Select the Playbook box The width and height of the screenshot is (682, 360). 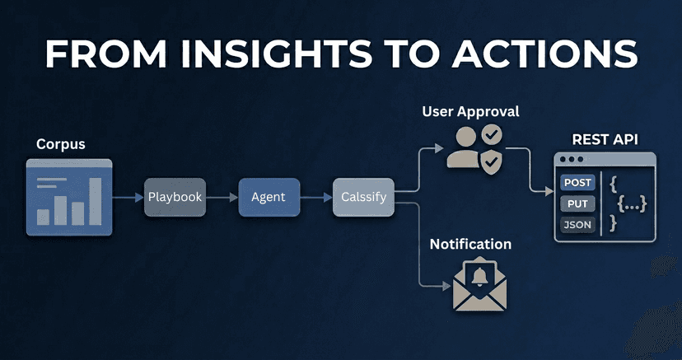(x=174, y=197)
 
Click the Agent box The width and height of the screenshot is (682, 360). (x=268, y=197)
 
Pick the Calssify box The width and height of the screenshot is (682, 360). (x=363, y=197)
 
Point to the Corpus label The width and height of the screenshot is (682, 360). (x=61, y=145)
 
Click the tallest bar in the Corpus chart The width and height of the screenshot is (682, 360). (x=96, y=201)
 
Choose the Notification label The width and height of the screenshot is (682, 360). (x=470, y=244)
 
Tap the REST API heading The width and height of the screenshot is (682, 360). (x=605, y=138)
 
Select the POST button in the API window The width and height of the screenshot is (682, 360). (x=577, y=183)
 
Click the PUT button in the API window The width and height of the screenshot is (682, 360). (x=577, y=203)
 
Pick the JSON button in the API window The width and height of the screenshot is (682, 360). (x=577, y=224)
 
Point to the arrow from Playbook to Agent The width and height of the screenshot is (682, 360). (x=221, y=197)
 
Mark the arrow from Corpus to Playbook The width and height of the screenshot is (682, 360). (x=128, y=197)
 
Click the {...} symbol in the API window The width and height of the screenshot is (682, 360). (x=632, y=203)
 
